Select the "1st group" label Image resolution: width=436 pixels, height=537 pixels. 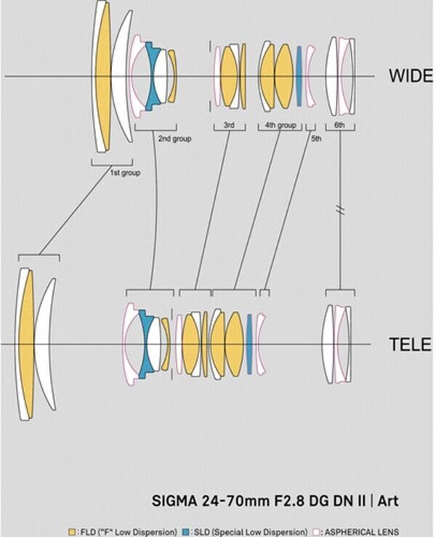[124, 173]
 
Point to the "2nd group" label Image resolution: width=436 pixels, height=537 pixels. [174, 138]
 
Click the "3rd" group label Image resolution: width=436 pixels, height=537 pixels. [228, 126]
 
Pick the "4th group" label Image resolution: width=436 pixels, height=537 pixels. [280, 126]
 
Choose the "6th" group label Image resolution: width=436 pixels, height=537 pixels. [339, 126]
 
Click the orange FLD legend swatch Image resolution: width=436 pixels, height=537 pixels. [71, 531]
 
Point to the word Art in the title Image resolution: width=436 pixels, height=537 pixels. [387, 501]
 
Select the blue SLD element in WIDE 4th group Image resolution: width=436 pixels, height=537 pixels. [297, 76]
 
